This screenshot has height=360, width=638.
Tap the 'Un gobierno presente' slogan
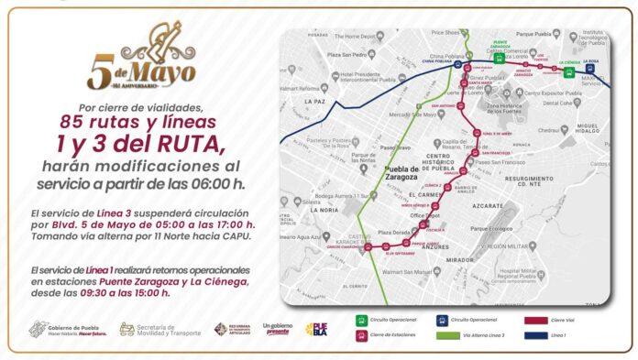click(x=278, y=328)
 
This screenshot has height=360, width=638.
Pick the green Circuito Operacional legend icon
click(x=363, y=321)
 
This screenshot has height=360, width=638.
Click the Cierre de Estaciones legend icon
click(x=363, y=336)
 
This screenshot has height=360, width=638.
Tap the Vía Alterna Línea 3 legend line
click(x=445, y=336)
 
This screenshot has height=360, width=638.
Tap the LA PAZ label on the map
click(x=316, y=101)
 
